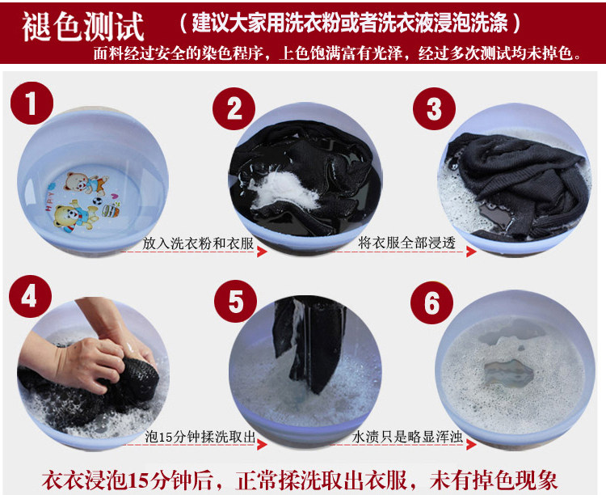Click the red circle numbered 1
[x=32, y=103]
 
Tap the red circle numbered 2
[x=234, y=108]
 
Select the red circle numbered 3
[x=434, y=108]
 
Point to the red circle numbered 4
[x=30, y=297]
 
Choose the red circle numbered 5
[x=235, y=302]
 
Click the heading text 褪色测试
[x=82, y=27]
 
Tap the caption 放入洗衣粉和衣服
[x=198, y=243]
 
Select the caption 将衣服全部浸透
[x=406, y=243]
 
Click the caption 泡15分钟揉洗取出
[x=200, y=437]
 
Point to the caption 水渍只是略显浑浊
[x=407, y=437]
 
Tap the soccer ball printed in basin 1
[x=98, y=201]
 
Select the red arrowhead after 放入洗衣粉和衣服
[x=262, y=252]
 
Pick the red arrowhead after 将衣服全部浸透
[x=471, y=252]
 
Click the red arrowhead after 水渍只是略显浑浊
[x=471, y=445]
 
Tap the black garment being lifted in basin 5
[x=309, y=341]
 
